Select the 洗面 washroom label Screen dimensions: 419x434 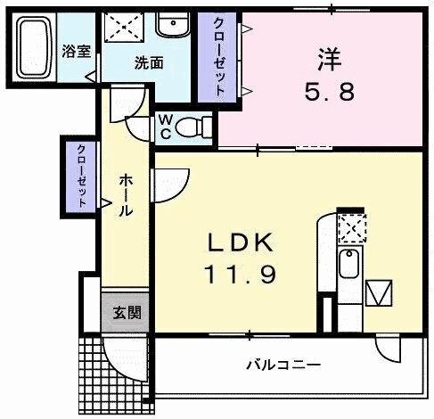coord(148,62)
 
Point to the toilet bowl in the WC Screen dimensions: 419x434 coord(189,127)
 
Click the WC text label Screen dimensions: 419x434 coord(166,127)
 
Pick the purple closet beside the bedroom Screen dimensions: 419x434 coord(219,57)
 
